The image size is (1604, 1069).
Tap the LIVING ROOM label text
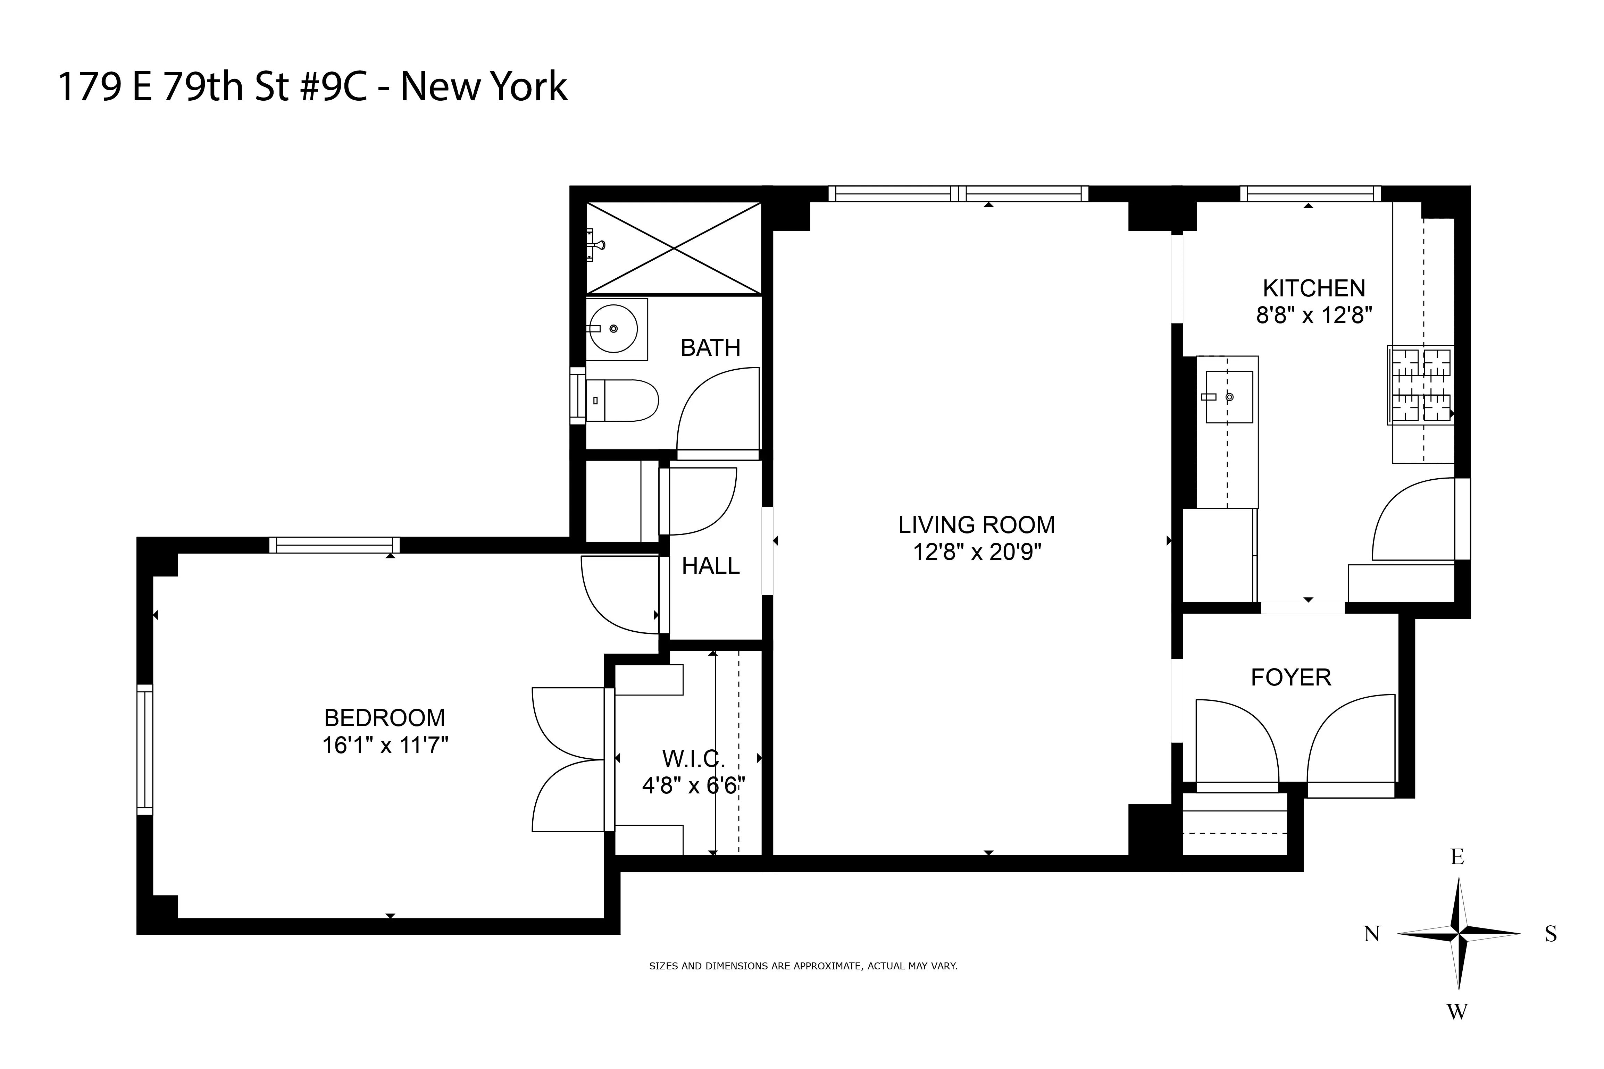(977, 525)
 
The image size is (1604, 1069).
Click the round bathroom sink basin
(613, 329)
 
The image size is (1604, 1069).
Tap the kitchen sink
(1229, 397)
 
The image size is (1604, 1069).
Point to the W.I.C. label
(693, 758)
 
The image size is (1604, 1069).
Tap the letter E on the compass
(1457, 857)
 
